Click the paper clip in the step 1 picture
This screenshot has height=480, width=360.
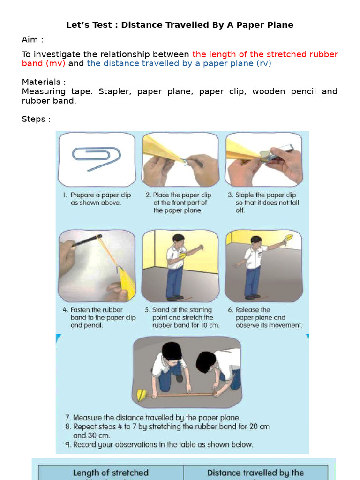[x=96, y=158]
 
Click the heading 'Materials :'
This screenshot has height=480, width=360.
[x=44, y=82]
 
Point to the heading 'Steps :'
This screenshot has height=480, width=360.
[x=36, y=119]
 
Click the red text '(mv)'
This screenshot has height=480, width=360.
[x=55, y=63]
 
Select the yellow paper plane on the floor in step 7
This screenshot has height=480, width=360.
[x=142, y=395]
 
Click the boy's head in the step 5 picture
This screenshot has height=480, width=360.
[x=178, y=239]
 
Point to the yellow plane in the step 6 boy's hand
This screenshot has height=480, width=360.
[x=289, y=238]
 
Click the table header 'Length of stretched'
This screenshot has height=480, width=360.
[x=111, y=472]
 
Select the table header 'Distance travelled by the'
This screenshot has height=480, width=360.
[x=255, y=472]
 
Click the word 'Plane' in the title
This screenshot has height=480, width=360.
[x=280, y=25]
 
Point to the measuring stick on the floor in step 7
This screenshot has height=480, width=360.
[x=183, y=395]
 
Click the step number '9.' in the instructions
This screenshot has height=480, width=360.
[x=67, y=444]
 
